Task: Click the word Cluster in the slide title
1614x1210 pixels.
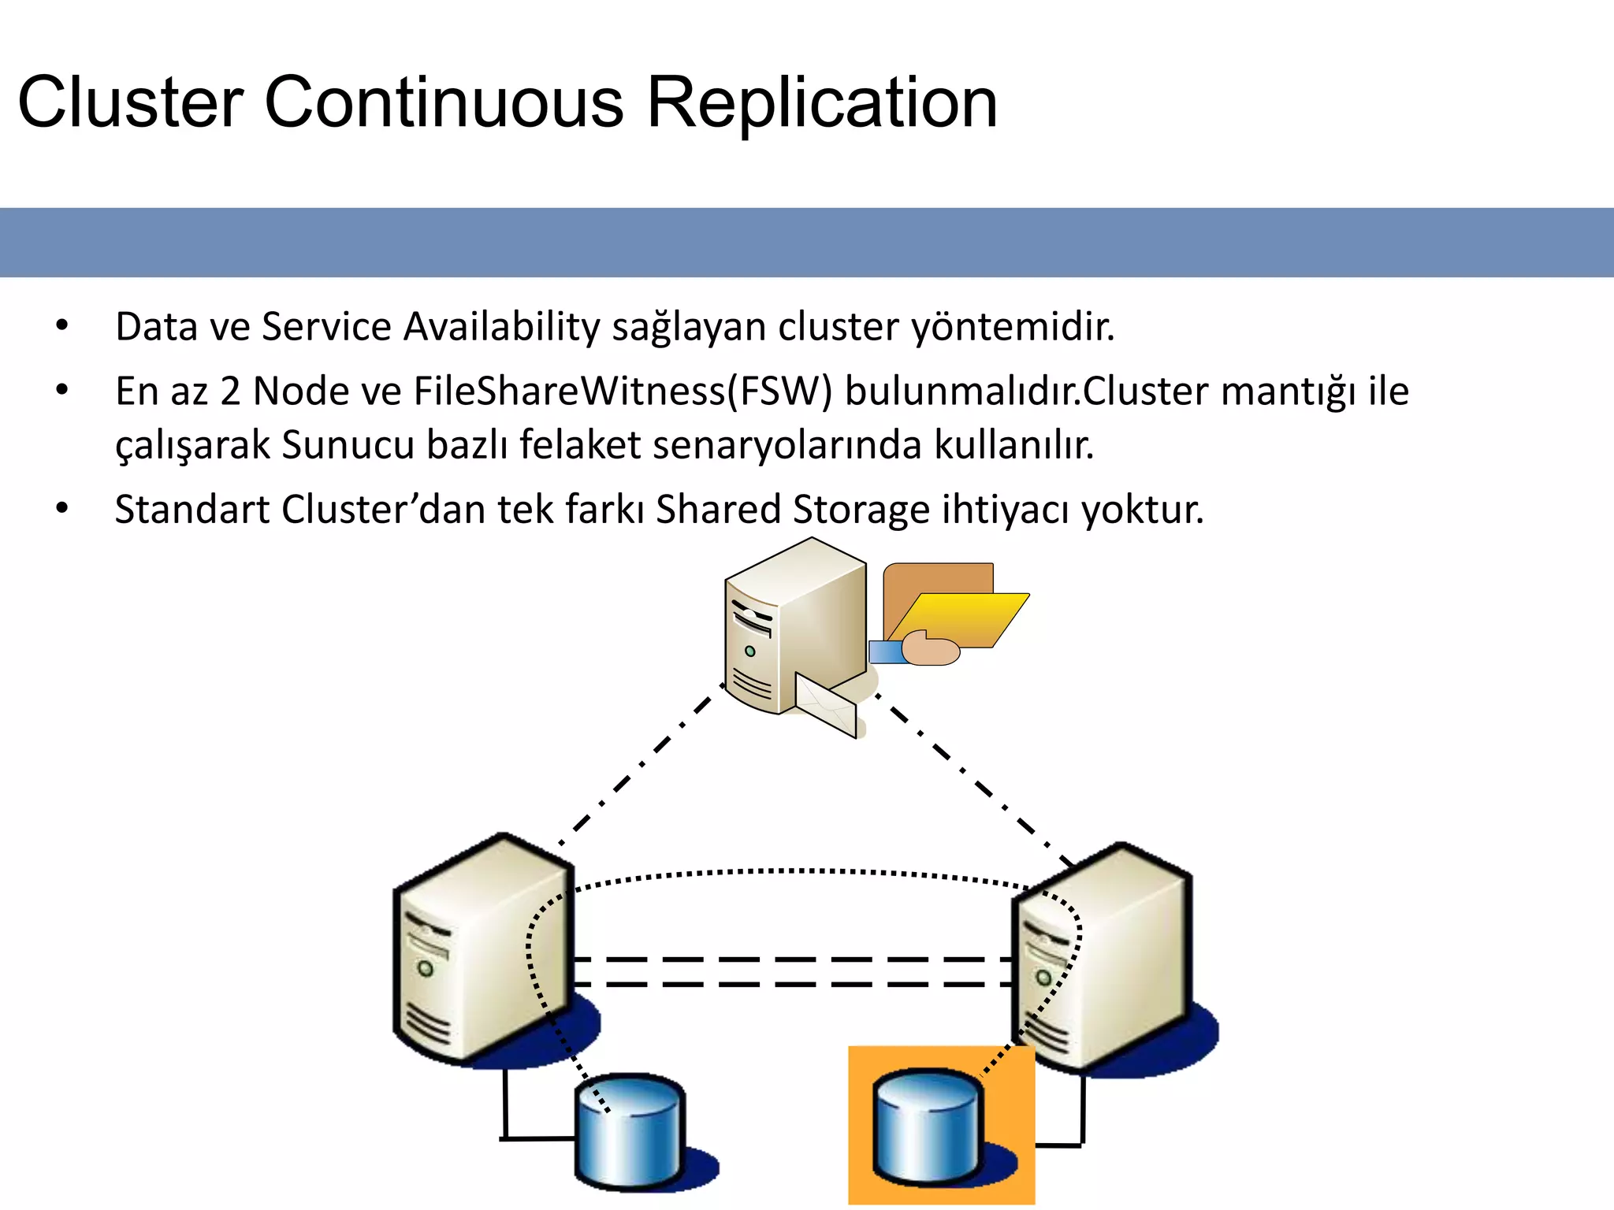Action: pos(130,102)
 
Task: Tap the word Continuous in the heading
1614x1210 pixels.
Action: pos(444,102)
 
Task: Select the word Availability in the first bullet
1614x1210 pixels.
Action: pos(501,327)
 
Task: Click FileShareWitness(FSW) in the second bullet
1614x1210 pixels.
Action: pos(623,392)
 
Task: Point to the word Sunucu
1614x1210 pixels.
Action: pos(348,445)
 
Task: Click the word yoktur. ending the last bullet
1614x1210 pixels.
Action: pos(1142,510)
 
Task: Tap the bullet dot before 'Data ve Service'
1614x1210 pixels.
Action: pos(62,325)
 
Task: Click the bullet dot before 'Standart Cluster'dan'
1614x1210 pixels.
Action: pos(62,508)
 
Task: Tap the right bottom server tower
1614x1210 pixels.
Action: pos(1103,957)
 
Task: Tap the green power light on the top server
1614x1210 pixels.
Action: pos(749,651)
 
